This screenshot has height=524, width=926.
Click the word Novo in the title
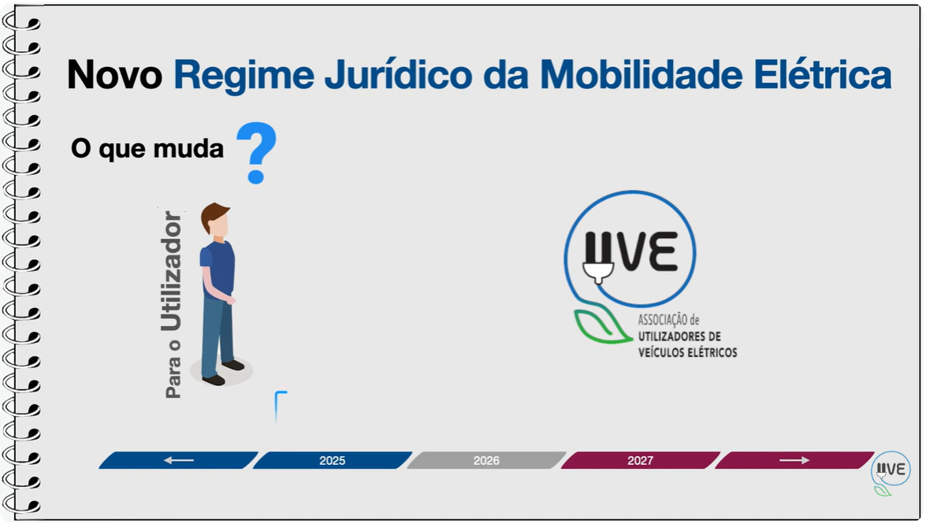click(x=114, y=74)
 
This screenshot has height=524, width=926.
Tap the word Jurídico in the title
click(x=398, y=74)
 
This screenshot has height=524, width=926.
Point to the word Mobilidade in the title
click(x=641, y=74)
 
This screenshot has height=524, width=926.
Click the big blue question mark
click(x=256, y=153)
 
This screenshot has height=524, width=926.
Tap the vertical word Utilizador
click(x=171, y=271)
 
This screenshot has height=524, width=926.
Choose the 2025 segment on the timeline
click(x=333, y=460)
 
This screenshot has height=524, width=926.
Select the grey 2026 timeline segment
click(x=486, y=460)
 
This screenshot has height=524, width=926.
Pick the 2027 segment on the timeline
click(x=641, y=460)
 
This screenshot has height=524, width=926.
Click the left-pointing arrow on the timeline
click(x=178, y=460)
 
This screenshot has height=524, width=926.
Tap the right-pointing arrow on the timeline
click(x=794, y=460)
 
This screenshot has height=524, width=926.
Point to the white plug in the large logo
click(x=598, y=272)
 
